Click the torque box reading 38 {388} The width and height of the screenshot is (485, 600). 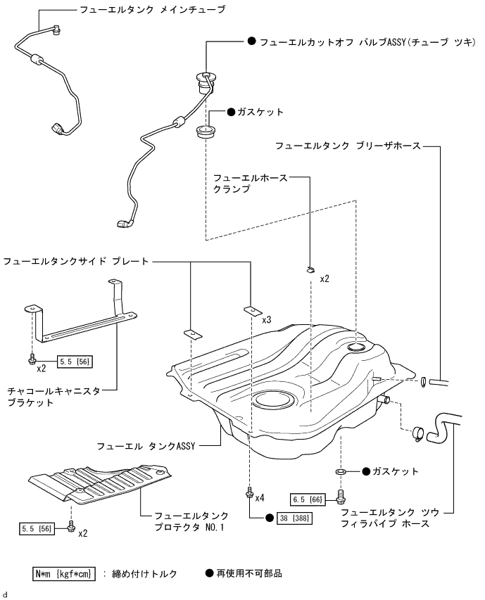point(294,518)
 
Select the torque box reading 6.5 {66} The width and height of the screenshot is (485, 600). point(308,499)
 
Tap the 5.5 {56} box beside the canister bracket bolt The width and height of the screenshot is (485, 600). point(75,362)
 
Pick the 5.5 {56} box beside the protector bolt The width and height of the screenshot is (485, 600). point(37,528)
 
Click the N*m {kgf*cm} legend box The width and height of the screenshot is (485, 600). point(63,573)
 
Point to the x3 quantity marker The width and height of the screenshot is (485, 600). point(266,319)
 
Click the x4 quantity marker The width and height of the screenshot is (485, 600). point(260,498)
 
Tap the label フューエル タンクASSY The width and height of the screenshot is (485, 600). point(146,446)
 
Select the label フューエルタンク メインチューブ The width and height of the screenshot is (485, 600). point(152,10)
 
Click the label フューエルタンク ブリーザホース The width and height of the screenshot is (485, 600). point(348,146)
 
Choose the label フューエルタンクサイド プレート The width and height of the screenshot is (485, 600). point(76,262)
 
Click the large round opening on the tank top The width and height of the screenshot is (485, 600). point(275,400)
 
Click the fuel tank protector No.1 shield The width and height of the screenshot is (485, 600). point(100,484)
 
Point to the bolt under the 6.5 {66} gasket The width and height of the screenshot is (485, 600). point(340,497)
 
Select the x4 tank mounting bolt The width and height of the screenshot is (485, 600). point(250,492)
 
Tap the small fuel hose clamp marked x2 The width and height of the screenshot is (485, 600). point(310,270)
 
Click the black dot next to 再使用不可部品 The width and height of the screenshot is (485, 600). point(209,573)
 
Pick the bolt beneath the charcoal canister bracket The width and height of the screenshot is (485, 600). point(32,359)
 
